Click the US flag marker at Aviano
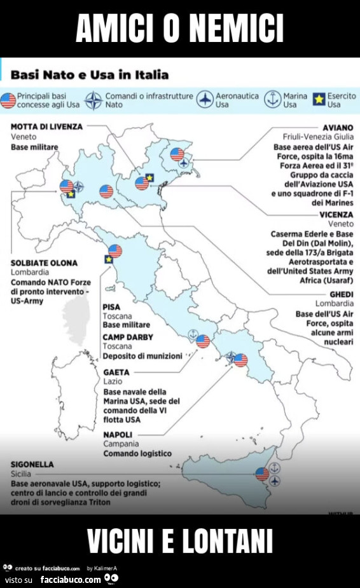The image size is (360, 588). click(177, 154)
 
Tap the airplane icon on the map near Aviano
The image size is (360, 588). click(184, 164)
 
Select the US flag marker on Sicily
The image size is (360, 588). click(262, 474)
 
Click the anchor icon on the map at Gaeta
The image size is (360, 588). click(192, 334)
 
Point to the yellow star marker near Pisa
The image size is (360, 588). click(108, 259)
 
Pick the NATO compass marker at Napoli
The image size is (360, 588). click(232, 357)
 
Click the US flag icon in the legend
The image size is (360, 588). click(8, 100)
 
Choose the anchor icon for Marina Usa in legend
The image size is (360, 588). click(272, 100)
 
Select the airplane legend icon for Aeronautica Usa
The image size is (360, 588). click(205, 100)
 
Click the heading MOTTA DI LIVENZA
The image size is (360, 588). click(47, 126)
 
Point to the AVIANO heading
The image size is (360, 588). click(338, 127)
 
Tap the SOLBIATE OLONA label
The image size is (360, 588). click(45, 263)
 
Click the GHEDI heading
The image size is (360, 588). click(341, 294)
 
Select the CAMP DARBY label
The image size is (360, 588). click(128, 337)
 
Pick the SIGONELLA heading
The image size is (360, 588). click(32, 465)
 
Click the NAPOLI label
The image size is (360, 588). click(118, 434)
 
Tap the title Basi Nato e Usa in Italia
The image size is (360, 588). click(90, 75)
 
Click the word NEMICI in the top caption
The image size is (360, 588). click(237, 29)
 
